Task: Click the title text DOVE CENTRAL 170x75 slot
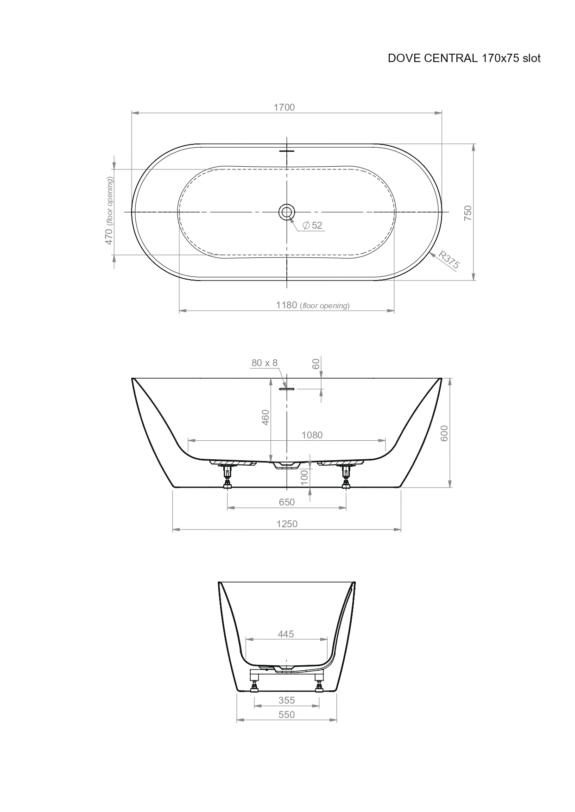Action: click(x=464, y=58)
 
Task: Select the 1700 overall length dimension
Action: click(x=284, y=107)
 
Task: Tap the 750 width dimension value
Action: click(x=468, y=212)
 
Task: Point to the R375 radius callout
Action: click(x=449, y=260)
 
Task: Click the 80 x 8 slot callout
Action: click(x=265, y=363)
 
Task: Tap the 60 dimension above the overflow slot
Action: click(x=316, y=364)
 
